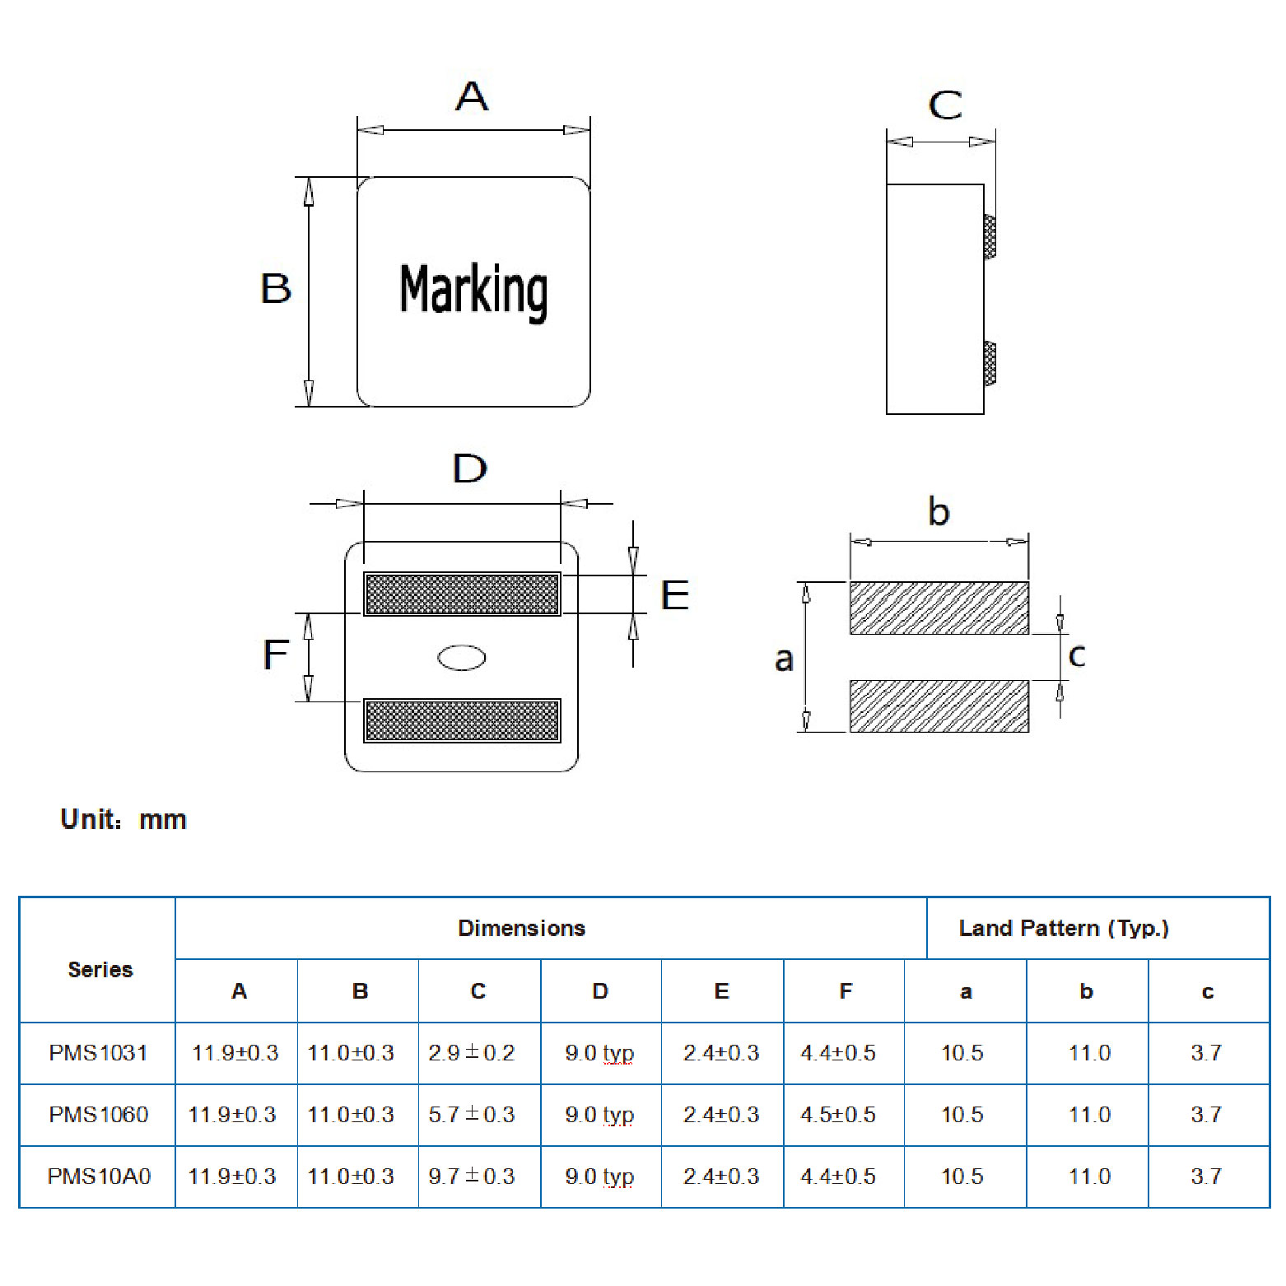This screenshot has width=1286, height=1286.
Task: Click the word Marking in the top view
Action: coord(473,291)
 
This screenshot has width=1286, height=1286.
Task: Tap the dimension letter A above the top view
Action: coord(472,96)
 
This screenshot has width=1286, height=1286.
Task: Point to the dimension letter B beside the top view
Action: coord(276,289)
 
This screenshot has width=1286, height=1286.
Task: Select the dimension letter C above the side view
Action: coord(944,105)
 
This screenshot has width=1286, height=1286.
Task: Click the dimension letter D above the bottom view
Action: coord(469,468)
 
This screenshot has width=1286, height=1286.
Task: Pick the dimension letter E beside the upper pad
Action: coord(675,595)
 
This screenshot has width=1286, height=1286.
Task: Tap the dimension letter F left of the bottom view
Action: coord(276,655)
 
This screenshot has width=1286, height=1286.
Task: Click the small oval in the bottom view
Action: coord(462,657)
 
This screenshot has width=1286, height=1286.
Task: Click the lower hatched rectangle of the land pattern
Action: coord(939,706)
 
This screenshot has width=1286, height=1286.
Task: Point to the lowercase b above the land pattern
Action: coord(939,512)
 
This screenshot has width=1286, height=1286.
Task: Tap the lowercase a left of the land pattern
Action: coord(784,659)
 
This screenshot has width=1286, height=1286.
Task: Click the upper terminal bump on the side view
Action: coord(990,237)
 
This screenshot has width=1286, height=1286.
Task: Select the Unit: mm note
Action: coord(123,820)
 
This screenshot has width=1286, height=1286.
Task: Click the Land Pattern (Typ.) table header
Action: coord(1064,929)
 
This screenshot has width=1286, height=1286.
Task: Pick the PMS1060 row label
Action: coord(99,1115)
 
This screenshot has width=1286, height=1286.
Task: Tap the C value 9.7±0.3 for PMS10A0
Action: coord(472,1177)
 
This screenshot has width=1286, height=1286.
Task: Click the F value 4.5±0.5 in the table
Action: coord(838,1115)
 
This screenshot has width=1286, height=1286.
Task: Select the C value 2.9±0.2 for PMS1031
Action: coord(472,1053)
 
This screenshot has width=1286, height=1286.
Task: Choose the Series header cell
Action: coord(100,970)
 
